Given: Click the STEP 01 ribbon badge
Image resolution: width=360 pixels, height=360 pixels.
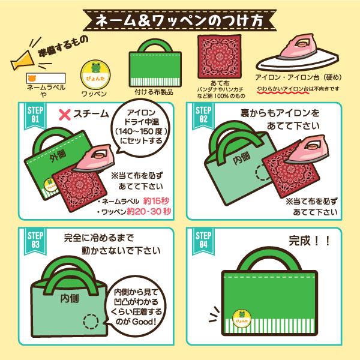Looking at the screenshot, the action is click(x=35, y=115).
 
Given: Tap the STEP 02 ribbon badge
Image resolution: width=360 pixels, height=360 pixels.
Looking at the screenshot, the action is click(x=203, y=115).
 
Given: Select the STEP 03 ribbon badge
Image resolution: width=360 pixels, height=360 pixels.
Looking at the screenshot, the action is click(x=35, y=241).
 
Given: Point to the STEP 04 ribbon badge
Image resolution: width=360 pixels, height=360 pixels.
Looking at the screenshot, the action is click(x=203, y=241).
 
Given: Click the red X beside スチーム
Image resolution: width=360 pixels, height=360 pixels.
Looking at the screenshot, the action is click(x=65, y=115).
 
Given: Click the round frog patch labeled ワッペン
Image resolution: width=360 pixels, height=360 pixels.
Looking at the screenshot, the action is click(x=95, y=74).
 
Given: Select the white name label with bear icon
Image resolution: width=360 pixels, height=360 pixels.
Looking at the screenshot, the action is click(x=46, y=78).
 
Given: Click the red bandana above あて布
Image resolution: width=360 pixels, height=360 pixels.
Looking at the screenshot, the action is click(x=220, y=56).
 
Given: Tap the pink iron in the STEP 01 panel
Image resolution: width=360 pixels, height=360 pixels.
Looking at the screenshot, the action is click(x=95, y=158).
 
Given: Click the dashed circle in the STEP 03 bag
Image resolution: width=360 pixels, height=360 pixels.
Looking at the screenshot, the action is click(x=91, y=322).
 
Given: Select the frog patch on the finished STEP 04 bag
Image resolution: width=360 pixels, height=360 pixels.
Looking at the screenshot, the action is click(x=242, y=319).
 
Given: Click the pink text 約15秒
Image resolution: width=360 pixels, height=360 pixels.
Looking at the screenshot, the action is click(x=156, y=201).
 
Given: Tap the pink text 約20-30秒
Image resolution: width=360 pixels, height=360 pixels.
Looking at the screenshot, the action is click(x=149, y=211).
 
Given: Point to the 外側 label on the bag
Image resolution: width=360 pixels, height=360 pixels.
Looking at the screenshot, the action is click(x=58, y=156).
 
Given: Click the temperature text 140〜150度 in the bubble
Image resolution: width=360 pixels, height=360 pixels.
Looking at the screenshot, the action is click(x=142, y=131).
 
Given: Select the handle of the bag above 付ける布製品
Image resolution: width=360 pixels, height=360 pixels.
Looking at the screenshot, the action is click(x=155, y=46).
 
